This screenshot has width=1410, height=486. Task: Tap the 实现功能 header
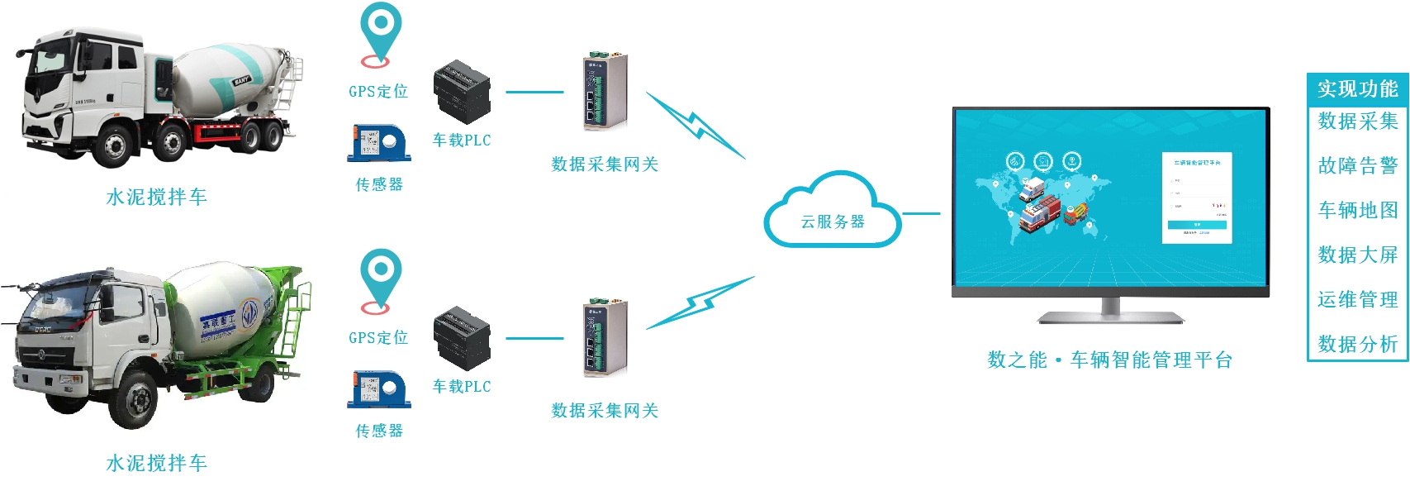tap(1357, 88)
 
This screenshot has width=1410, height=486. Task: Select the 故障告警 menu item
tap(1357, 165)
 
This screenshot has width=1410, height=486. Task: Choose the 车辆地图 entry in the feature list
tap(1357, 210)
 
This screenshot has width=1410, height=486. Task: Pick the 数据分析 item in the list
tap(1357, 344)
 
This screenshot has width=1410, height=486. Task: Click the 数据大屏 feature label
tap(1357, 255)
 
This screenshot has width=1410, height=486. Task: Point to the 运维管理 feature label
tap(1357, 299)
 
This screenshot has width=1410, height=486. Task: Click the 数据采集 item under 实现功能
tap(1357, 121)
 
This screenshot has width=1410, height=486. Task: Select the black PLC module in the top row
tap(462, 91)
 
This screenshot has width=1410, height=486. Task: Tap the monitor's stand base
tap(1110, 317)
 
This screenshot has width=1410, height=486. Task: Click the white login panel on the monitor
tap(1197, 197)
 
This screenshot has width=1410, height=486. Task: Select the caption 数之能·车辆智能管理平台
tap(1109, 360)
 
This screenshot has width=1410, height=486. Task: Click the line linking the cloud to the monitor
tap(921, 213)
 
